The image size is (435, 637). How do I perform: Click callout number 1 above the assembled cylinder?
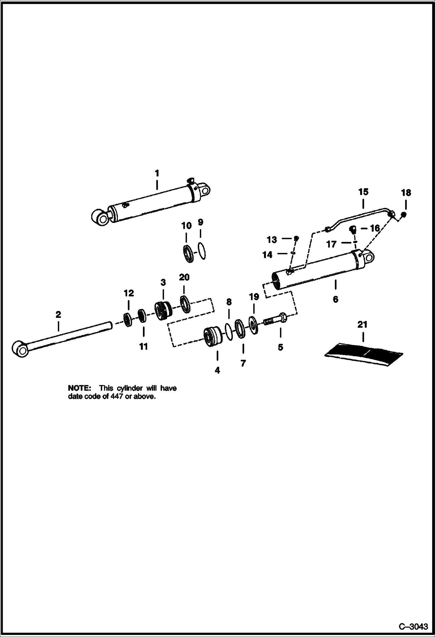coord(157,173)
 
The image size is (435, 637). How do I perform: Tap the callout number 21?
coord(362,324)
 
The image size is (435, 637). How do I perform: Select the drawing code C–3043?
coord(413,627)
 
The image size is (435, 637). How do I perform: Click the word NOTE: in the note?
coord(79,388)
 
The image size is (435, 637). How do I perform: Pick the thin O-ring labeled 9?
coord(202,251)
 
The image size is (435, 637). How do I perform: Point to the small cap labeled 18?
coord(403,215)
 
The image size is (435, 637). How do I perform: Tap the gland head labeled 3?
coord(163,311)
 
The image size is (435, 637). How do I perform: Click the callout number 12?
coord(129,293)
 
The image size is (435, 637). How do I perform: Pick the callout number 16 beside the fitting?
coord(374,228)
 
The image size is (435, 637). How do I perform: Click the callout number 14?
coord(267,255)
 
